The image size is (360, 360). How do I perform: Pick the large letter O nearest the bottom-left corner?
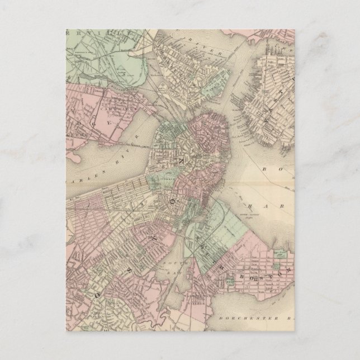[98, 293]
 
